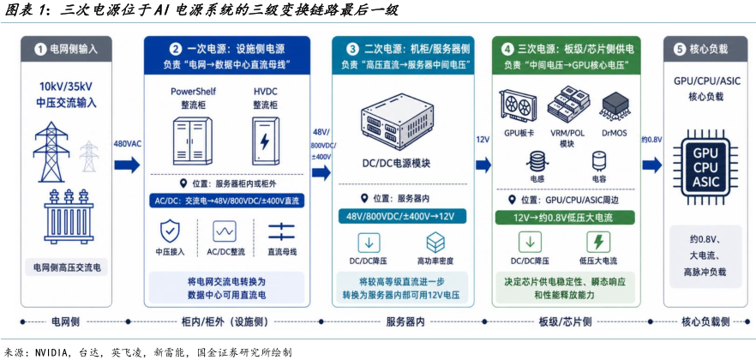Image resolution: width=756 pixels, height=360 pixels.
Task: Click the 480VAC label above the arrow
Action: (127, 144)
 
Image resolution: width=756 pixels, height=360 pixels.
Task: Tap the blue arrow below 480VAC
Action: (127, 165)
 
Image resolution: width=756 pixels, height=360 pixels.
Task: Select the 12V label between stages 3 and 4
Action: (483, 140)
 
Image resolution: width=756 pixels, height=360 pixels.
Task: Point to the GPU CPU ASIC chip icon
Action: (706, 167)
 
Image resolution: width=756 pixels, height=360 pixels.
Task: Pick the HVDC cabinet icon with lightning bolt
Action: (264, 141)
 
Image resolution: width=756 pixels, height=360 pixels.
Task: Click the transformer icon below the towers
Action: (69, 216)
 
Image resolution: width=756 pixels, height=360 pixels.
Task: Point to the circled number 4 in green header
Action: (507, 49)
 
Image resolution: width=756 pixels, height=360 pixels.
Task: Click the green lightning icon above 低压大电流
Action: (598, 242)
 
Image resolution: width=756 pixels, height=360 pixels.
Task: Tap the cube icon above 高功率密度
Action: (435, 243)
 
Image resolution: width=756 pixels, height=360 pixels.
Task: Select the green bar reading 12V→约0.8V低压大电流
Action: (566, 218)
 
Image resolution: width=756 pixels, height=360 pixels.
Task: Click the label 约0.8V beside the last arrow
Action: (651, 140)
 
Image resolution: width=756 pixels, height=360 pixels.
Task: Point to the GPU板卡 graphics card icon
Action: (519, 106)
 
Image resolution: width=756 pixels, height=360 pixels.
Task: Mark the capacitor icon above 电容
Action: (599, 162)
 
